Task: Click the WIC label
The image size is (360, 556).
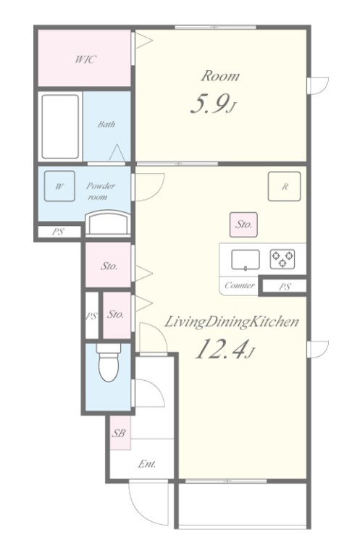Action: coord(85,59)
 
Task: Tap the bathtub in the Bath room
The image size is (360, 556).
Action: coord(60,127)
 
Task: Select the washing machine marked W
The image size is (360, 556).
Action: coord(59,186)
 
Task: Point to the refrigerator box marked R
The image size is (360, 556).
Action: coord(285,187)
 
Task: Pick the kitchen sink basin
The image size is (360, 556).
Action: coord(246,260)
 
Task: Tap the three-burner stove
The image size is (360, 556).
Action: coord(282,259)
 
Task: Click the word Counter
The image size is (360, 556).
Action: coord(240,285)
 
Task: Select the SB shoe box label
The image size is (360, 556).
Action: coord(119,433)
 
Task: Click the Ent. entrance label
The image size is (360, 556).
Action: coord(147,463)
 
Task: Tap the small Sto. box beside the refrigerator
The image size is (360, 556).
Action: coord(243,224)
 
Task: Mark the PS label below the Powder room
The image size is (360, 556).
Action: coord(58,232)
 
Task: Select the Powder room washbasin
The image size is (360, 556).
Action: coord(108,223)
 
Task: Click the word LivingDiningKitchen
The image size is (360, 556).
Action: coord(231,322)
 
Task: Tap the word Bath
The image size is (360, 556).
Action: coord(106,124)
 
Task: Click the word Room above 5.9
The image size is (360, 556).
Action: coord(220,76)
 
